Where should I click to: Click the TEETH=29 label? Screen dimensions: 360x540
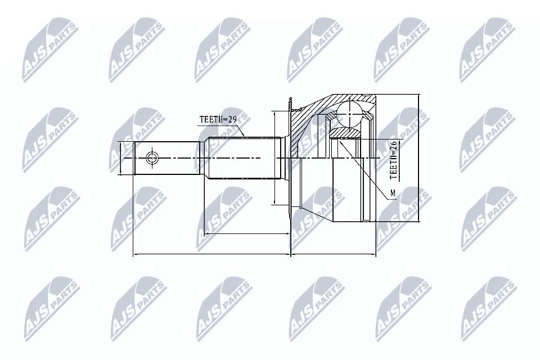(x=217, y=119)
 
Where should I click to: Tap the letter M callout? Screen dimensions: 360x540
(x=393, y=195)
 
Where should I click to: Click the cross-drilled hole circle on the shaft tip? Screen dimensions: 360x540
(x=152, y=158)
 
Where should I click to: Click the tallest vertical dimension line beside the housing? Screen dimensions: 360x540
(x=419, y=158)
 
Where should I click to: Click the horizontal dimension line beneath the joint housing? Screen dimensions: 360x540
(x=333, y=255)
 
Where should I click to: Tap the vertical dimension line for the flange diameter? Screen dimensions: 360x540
(x=273, y=158)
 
